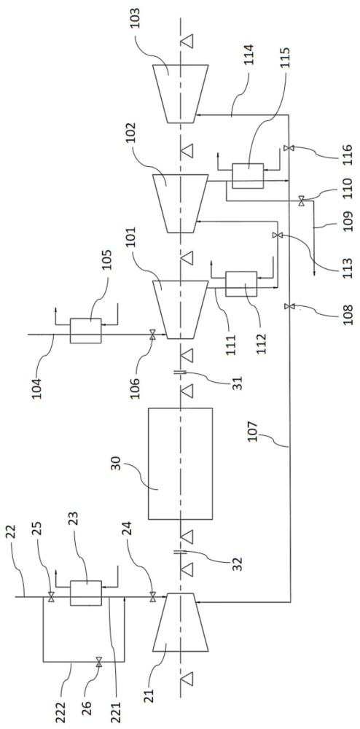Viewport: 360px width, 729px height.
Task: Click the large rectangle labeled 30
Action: [x=180, y=464]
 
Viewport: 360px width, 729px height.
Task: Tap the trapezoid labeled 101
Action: [x=180, y=310]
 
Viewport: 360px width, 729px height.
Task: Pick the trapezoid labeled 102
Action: [x=180, y=203]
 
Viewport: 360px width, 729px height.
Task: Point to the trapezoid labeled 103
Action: [x=180, y=94]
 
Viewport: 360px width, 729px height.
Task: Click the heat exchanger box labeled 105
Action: [x=85, y=331]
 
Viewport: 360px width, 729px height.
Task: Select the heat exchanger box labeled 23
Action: [x=85, y=593]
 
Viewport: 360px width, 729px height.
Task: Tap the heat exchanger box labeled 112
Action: [x=240, y=284]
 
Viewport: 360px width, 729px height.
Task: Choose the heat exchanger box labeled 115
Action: [x=248, y=176]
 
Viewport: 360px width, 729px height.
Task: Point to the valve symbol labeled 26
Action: [x=98, y=662]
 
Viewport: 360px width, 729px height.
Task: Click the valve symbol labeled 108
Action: [x=289, y=306]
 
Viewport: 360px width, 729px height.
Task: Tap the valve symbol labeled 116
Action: [x=289, y=148]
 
